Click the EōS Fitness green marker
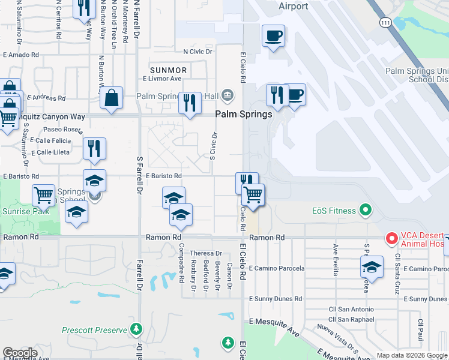pos(365,211)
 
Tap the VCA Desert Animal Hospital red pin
pos(392,238)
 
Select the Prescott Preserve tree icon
pos(137,329)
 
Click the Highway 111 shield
pos(386,22)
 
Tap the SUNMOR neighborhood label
pos(169,70)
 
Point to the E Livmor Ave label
pos(162,79)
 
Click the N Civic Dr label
pos(198,52)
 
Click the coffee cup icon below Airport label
pos(273,36)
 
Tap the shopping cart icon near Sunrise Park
pos(43,196)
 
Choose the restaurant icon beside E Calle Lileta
pos(94,148)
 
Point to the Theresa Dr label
pos(206,253)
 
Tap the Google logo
pos(20,353)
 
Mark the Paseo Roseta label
pos(62,130)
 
